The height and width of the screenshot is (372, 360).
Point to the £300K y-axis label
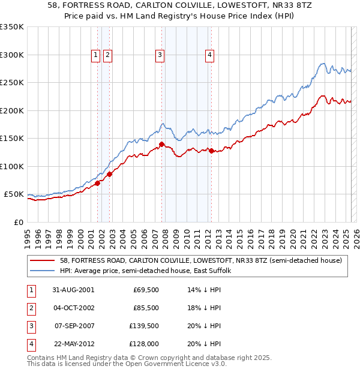(12, 55)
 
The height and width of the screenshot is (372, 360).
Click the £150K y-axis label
(12, 139)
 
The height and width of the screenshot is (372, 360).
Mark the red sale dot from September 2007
(162, 145)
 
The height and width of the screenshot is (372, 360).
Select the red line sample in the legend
(42, 261)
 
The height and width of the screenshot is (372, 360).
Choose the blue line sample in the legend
(42, 271)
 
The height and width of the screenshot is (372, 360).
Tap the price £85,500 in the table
(146, 308)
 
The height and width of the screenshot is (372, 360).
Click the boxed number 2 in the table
(31, 308)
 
